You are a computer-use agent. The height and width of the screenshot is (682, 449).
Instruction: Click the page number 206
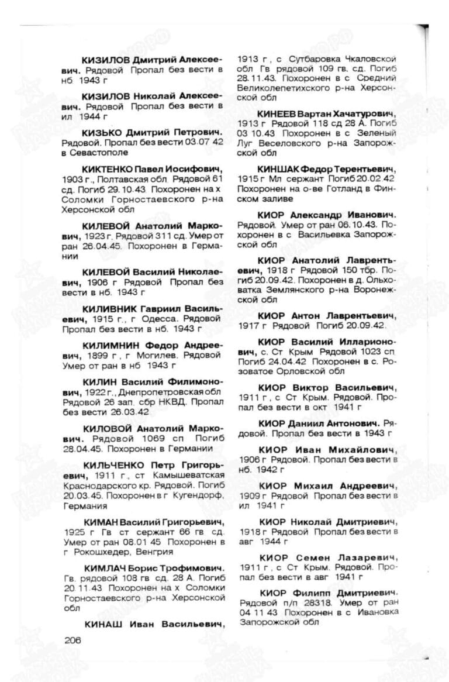tap(71, 640)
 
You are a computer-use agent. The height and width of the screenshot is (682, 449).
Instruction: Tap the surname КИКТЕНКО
tap(109, 169)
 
